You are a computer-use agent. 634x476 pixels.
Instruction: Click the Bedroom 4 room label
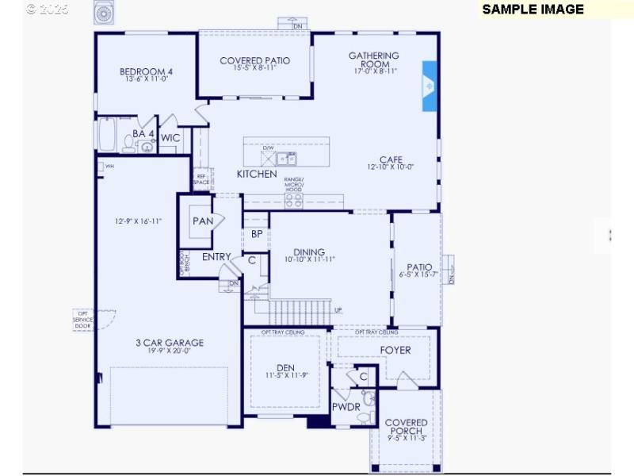(146, 71)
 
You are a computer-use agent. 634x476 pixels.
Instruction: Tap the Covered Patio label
(254, 61)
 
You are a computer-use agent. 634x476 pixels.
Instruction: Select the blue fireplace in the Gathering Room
(430, 86)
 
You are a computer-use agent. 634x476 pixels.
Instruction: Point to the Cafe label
(391, 159)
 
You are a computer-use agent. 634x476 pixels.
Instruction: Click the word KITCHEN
(257, 174)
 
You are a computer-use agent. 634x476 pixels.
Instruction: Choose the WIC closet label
(170, 138)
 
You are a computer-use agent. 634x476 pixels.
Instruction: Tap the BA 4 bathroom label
(143, 134)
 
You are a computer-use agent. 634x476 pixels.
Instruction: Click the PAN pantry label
(203, 221)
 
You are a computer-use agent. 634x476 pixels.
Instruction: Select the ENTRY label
(216, 257)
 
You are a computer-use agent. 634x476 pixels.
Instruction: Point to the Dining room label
(309, 252)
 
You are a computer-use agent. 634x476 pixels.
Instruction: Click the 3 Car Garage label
(169, 343)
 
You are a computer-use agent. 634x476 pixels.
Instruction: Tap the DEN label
(285, 367)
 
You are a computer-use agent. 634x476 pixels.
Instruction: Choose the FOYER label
(395, 350)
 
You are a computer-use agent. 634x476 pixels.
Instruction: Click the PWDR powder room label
(346, 407)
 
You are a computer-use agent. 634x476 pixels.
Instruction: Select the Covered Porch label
(407, 427)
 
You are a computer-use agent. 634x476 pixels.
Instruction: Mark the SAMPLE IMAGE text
(533, 10)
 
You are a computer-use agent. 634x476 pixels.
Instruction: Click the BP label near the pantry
(257, 234)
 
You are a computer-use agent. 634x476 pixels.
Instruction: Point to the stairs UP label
(338, 310)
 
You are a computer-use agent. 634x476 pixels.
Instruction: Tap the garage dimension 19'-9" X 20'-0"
(169, 351)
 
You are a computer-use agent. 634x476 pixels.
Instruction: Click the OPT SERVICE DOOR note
(83, 319)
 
